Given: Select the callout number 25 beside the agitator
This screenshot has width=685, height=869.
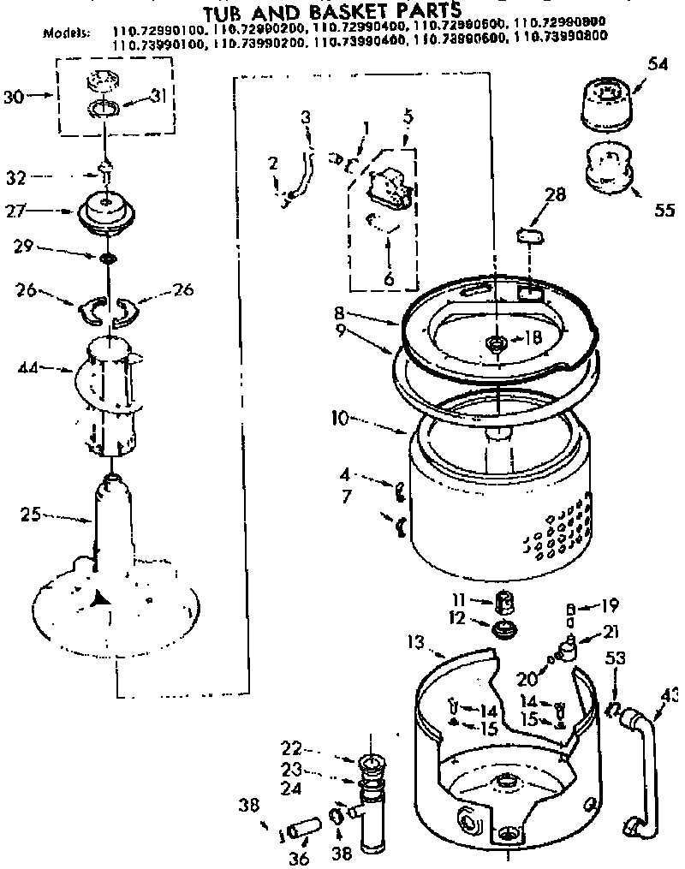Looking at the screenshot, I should [31, 515].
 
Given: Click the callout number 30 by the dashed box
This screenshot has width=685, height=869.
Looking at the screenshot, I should [13, 97].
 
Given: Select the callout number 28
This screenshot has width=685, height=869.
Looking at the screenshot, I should [555, 195].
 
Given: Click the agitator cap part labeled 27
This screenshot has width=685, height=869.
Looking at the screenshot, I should [106, 211].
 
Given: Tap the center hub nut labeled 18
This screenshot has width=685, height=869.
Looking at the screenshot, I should [496, 342].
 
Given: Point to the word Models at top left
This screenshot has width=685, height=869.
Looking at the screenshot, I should [65, 33].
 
